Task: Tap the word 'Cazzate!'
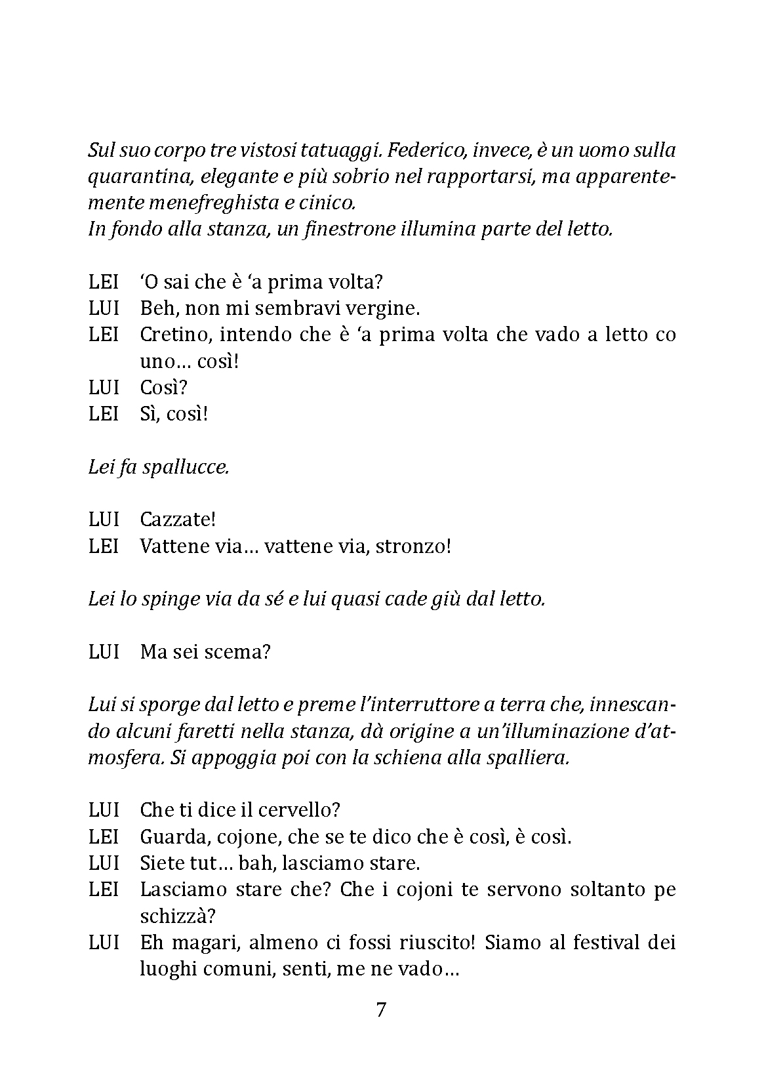click(178, 520)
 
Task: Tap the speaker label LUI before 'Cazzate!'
click(104, 520)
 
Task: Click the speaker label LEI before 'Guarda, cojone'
click(104, 837)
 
